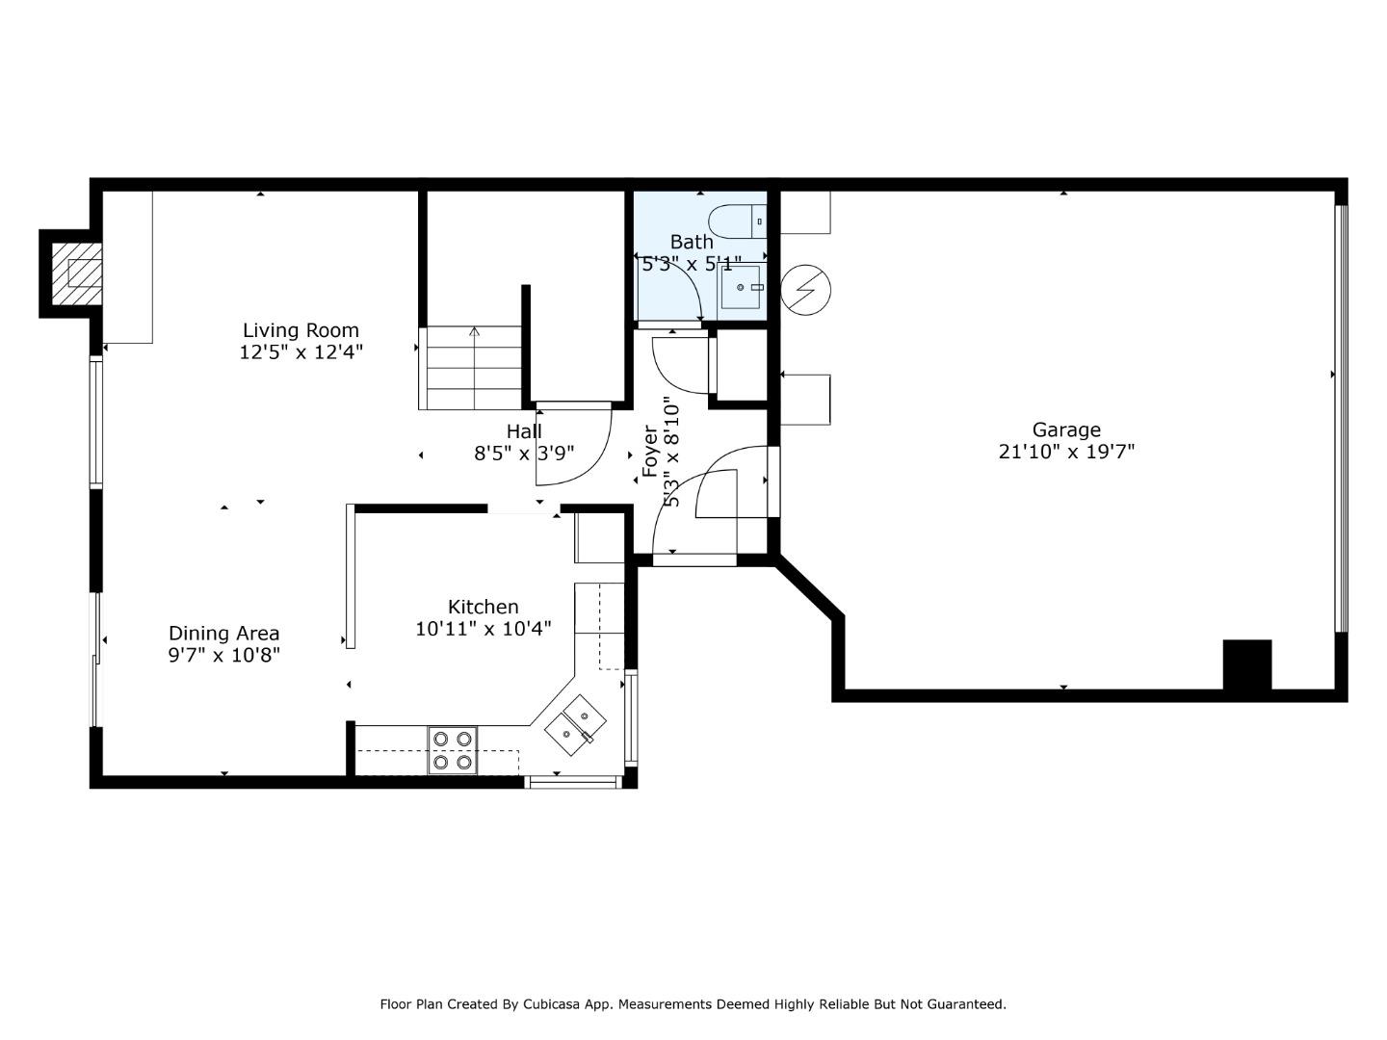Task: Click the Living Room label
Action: [x=301, y=330]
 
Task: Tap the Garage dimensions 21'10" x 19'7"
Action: [x=1066, y=452]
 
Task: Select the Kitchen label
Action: [x=484, y=607]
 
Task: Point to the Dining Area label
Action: [x=223, y=634]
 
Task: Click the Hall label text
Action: [x=524, y=431]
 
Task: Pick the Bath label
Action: [x=692, y=242]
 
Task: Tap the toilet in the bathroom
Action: [x=738, y=221]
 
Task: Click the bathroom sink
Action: [x=741, y=287]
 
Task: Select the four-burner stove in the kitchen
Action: [x=453, y=750]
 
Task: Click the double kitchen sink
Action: [x=576, y=725]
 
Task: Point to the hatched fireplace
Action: [x=76, y=275]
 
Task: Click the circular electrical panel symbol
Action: [x=805, y=290]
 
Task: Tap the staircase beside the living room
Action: [x=470, y=368]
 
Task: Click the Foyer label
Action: [x=650, y=451]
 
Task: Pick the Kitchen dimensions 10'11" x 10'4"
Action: [x=484, y=629]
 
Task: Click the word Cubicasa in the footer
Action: [x=548, y=1004]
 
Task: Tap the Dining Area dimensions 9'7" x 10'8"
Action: [x=223, y=656]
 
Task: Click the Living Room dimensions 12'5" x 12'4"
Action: [x=301, y=352]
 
